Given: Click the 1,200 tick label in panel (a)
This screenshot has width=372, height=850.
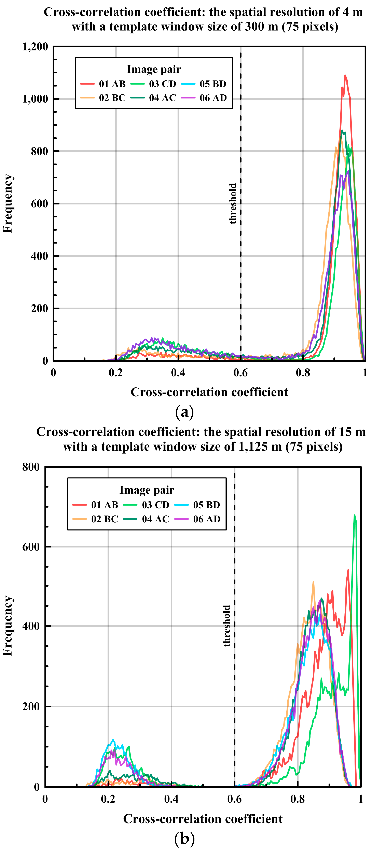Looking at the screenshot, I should tap(35, 47).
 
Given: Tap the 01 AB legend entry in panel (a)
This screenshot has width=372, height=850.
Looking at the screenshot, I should tap(103, 84).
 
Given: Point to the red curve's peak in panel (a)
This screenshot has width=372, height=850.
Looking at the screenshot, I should tap(345, 76).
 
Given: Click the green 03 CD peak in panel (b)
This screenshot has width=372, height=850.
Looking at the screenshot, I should tap(355, 515).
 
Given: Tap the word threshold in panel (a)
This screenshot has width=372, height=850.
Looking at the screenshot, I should tap(233, 204).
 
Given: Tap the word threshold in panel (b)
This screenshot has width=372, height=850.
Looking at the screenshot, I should tap(226, 626).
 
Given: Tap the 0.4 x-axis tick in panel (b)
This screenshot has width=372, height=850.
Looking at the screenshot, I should tap(171, 799).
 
